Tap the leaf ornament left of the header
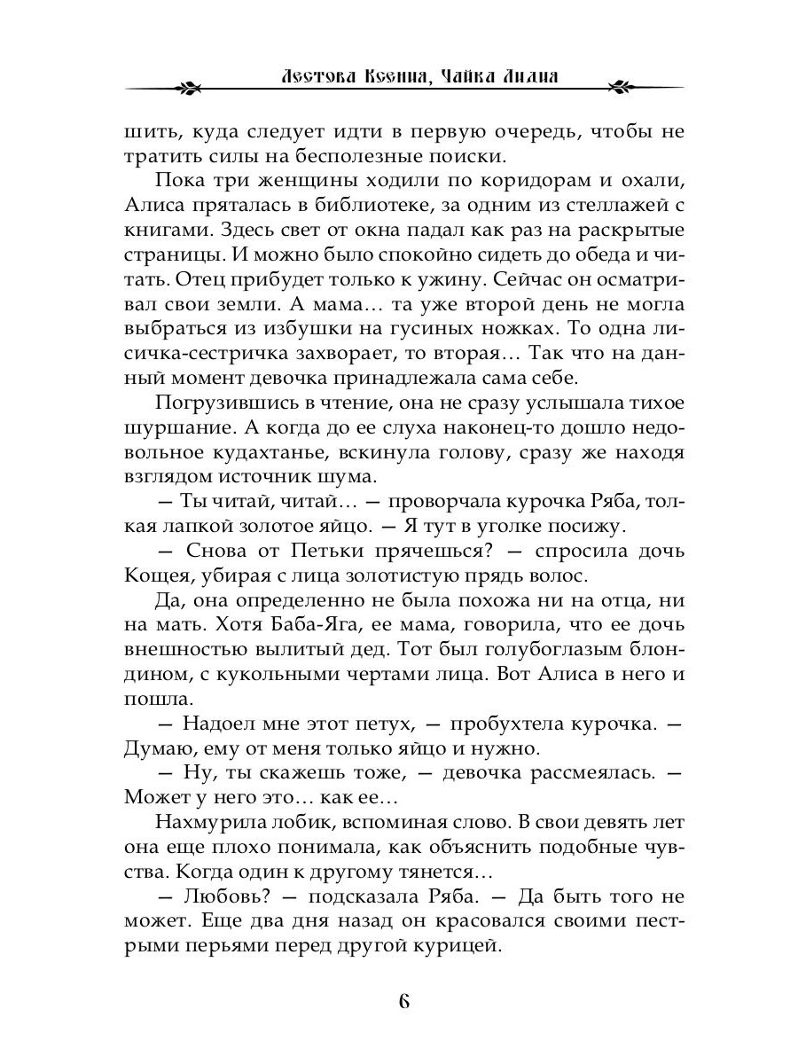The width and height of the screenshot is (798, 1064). point(188,87)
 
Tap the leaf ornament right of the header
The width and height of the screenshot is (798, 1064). point(617,87)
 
